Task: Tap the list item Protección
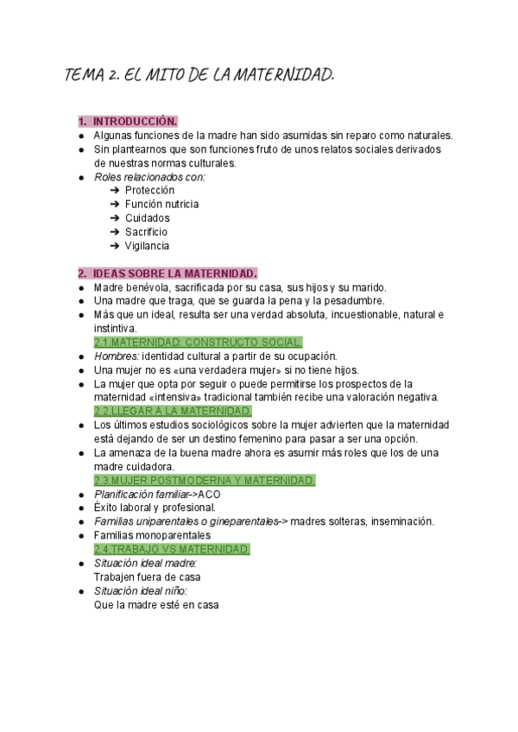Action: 149,190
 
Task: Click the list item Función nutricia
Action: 161,204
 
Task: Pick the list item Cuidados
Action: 148,218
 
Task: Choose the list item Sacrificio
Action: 146,231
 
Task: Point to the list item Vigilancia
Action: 147,245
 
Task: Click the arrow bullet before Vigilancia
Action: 115,245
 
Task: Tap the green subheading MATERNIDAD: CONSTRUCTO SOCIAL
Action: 199,342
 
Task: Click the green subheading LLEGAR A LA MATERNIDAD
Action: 173,411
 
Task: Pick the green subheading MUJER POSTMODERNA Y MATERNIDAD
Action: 205,480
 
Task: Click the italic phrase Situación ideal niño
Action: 140,591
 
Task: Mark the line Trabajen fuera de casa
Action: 148,577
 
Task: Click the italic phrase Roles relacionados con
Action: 149,176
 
